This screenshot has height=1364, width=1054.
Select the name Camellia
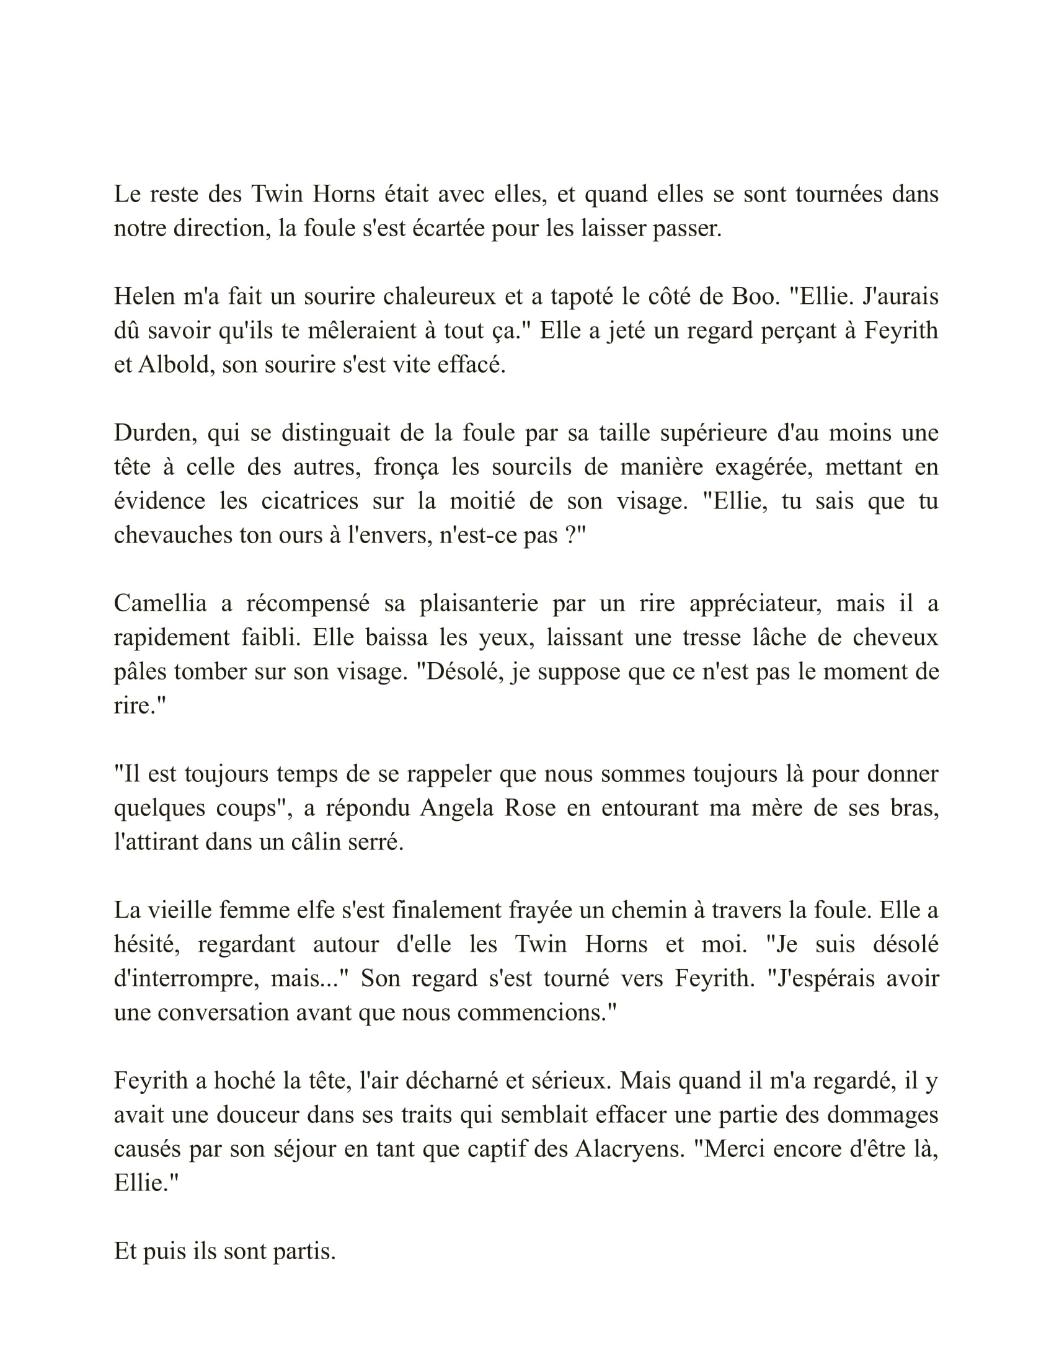click(161, 603)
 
